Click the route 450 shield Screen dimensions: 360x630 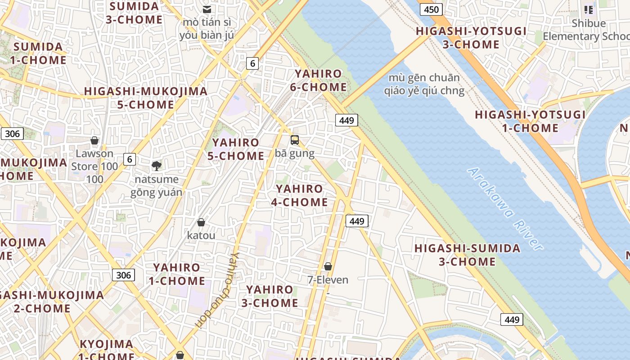point(431,9)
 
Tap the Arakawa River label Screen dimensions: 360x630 point(505,208)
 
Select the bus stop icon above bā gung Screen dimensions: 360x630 point(295,140)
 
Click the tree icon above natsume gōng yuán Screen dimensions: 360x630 point(157,166)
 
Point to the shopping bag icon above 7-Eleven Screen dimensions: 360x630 point(328,266)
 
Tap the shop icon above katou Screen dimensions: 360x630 point(201,222)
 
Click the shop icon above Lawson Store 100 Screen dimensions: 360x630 point(94,140)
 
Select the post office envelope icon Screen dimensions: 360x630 point(207,9)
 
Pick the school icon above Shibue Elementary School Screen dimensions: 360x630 point(588,9)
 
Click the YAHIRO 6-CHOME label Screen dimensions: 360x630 point(318,81)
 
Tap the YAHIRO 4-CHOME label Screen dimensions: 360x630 point(299,195)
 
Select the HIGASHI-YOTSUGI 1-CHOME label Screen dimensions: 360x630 point(530,121)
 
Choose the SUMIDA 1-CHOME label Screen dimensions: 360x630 point(40,53)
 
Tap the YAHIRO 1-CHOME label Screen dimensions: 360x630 point(177,274)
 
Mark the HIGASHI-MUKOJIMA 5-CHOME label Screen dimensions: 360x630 point(145,98)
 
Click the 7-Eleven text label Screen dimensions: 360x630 point(328,280)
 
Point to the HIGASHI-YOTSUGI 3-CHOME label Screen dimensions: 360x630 point(471,37)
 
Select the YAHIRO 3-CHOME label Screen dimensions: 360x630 point(270,296)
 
